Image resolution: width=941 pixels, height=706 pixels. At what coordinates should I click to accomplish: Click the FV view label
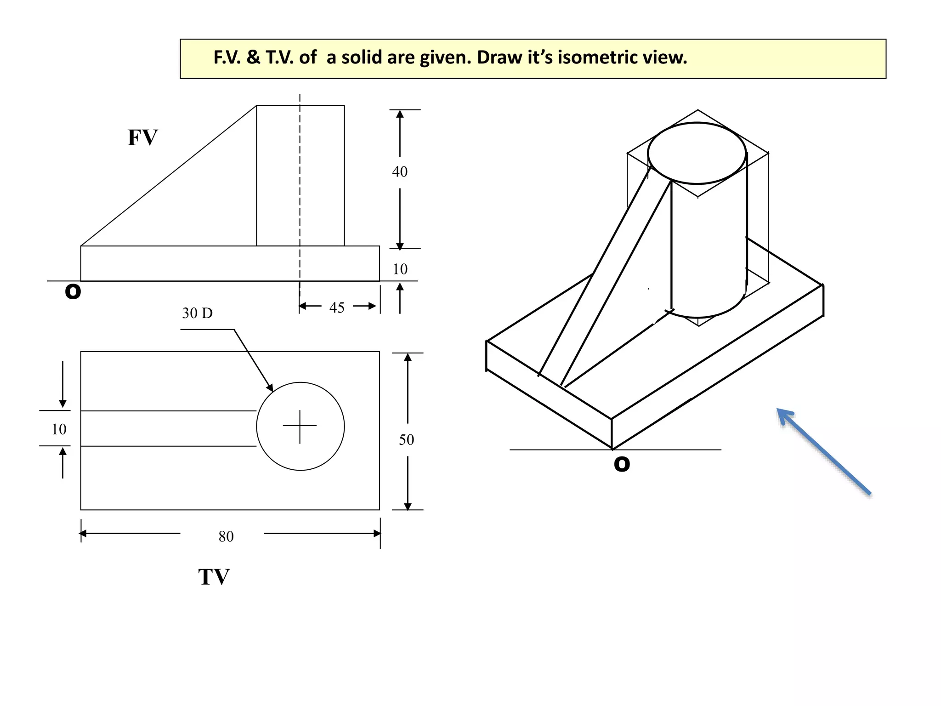(x=142, y=137)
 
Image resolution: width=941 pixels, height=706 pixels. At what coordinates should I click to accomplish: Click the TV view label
(x=214, y=577)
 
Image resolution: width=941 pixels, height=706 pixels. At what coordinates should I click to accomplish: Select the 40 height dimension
(x=400, y=172)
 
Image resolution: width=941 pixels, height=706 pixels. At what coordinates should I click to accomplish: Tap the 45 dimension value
(x=337, y=307)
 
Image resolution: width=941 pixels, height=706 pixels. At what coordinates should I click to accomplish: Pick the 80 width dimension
(x=226, y=536)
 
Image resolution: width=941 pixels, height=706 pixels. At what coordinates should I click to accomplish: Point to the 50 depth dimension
(x=406, y=440)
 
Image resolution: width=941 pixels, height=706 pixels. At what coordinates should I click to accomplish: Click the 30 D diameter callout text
(x=197, y=313)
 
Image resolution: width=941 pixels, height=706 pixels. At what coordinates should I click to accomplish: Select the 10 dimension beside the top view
(x=59, y=429)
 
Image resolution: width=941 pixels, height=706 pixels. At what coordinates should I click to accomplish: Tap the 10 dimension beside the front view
(x=400, y=269)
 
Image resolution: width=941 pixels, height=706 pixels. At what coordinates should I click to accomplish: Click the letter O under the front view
(x=73, y=291)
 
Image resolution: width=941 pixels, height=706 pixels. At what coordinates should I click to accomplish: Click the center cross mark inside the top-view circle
(x=300, y=426)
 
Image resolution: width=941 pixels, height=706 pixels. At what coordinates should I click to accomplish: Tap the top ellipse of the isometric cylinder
(x=697, y=153)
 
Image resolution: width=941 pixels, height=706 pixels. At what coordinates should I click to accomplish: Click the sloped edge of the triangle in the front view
(x=168, y=176)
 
